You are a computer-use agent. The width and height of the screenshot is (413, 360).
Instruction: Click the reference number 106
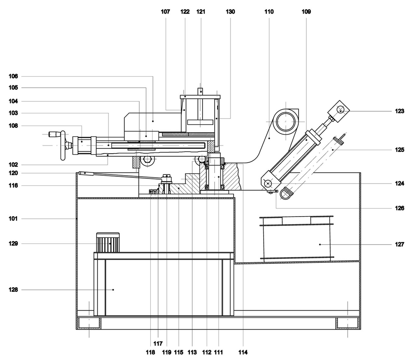(13, 76)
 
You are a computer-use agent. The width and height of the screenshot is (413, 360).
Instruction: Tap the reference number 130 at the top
(230, 12)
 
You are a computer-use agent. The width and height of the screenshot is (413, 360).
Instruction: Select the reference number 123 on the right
(399, 111)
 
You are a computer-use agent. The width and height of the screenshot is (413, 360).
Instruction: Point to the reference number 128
(13, 290)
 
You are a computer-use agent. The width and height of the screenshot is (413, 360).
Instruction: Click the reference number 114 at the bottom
(243, 352)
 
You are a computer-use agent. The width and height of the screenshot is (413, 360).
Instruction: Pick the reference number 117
(158, 344)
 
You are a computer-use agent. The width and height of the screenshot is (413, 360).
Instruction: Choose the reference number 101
(13, 219)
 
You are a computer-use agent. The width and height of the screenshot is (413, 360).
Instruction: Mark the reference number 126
(399, 208)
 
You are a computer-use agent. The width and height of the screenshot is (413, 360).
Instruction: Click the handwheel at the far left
(63, 145)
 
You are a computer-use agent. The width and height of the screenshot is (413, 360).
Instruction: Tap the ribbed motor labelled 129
(108, 243)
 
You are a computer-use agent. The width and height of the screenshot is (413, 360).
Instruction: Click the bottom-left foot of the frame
(89, 323)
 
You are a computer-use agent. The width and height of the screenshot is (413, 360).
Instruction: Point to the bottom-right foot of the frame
(347, 323)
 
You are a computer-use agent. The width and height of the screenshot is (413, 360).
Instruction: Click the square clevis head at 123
(339, 110)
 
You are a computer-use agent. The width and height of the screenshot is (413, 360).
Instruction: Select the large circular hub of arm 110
(286, 121)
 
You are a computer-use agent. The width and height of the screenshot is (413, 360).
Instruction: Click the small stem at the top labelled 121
(200, 91)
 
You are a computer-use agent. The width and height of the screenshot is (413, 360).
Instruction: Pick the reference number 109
(306, 12)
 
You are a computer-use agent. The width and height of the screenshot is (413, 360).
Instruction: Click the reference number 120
(13, 173)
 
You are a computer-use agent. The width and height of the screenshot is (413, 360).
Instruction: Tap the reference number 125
(399, 150)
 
